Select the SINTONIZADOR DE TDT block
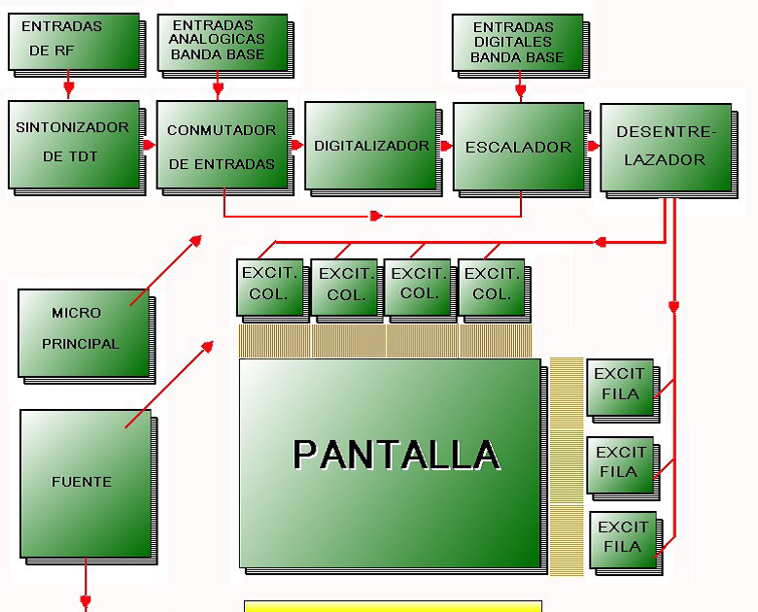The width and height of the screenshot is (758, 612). (71, 143)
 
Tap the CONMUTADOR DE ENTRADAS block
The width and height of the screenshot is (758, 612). (221, 146)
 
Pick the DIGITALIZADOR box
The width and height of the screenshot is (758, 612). (369, 146)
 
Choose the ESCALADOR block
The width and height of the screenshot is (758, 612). (517, 147)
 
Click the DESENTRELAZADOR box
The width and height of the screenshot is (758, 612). (665, 147)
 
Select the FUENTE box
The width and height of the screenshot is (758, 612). (86, 483)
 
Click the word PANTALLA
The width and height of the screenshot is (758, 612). (396, 455)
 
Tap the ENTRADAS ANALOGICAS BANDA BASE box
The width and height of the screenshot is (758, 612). (221, 41)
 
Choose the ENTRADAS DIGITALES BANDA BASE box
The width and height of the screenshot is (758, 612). (517, 43)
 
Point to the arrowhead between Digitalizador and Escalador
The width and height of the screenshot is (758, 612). (446, 146)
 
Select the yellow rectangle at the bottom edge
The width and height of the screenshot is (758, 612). (393, 606)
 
